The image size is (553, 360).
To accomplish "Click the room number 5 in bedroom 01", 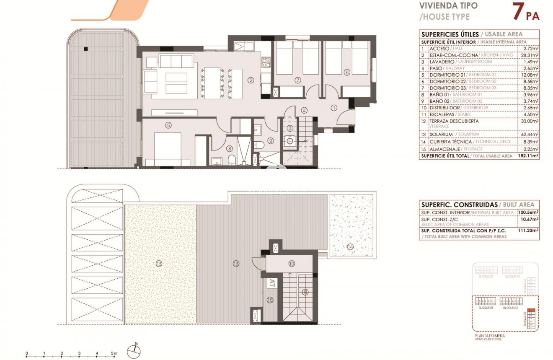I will (168, 124).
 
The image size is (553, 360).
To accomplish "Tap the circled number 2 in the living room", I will (251, 80).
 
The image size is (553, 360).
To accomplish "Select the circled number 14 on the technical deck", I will (350, 247).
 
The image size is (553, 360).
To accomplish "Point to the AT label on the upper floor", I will (272, 282).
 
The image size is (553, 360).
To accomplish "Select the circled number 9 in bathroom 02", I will (271, 141).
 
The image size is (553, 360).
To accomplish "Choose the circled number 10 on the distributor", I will (292, 263).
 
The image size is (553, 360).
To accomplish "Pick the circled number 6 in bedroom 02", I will (346, 72).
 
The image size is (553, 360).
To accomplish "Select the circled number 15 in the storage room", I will (270, 300).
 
